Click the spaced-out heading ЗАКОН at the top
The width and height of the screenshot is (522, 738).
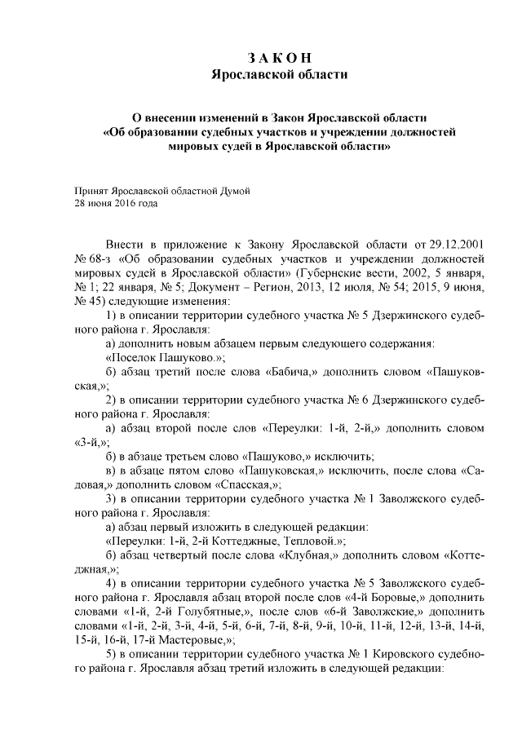(x=279, y=57)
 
